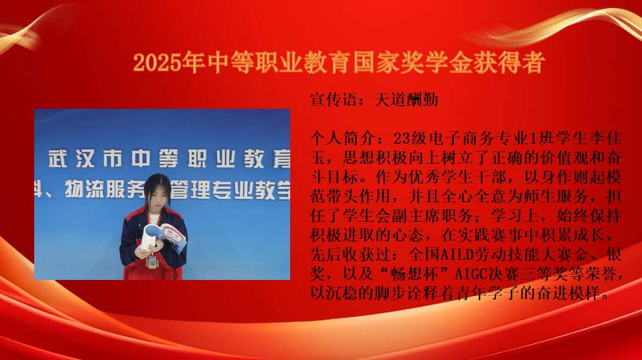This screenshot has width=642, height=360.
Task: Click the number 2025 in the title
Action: (157, 63)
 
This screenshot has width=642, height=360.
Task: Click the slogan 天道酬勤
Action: (406, 100)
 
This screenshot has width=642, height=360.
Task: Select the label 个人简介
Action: (342, 138)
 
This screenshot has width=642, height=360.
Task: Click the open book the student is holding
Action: (164, 237)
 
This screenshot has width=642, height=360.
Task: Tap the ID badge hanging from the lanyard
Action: (152, 262)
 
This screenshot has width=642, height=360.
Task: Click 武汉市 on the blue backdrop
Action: (86, 159)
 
